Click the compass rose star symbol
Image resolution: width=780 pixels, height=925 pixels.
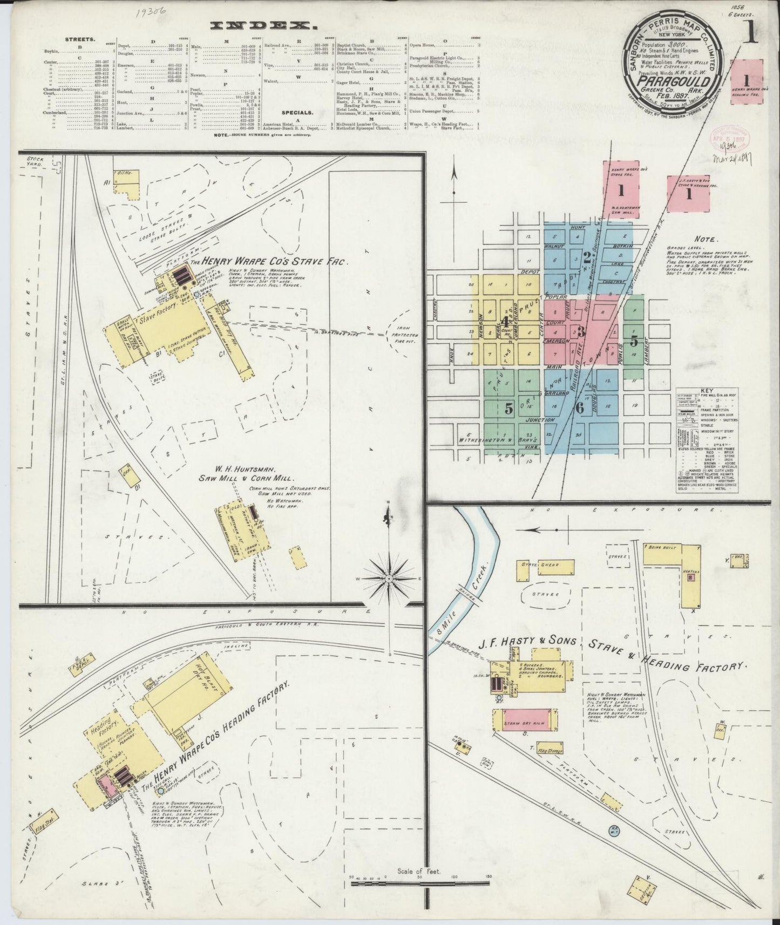(x=389, y=578)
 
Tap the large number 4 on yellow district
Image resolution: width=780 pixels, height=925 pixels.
(x=505, y=321)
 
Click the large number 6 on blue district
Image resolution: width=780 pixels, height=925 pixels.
(x=579, y=409)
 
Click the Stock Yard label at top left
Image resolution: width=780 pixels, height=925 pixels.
(x=37, y=163)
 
